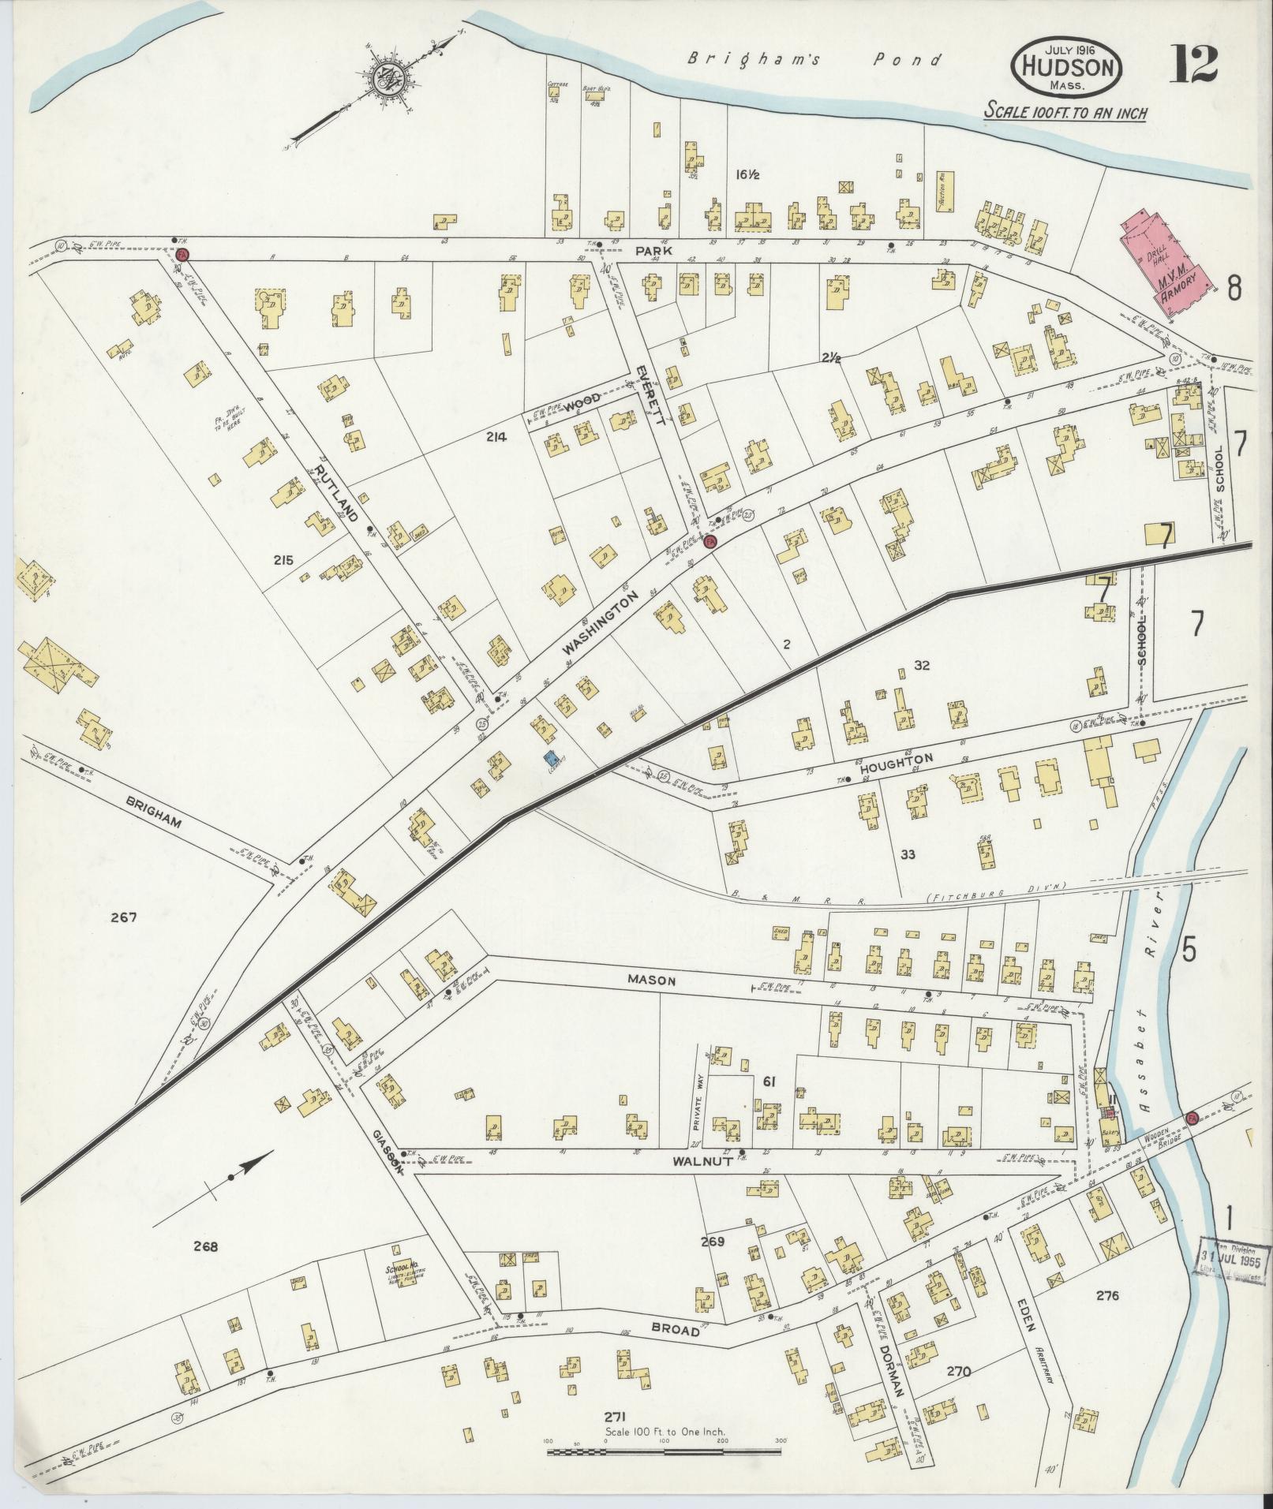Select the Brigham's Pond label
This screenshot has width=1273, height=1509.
[814, 59]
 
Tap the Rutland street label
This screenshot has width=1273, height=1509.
[337, 495]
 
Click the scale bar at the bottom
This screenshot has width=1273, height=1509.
[664, 1451]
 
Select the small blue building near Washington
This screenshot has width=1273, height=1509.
[551, 759]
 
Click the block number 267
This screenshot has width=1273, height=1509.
[124, 917]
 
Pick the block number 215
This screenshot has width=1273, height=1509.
[283, 560]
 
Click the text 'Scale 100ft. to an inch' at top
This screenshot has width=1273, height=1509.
[1065, 112]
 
